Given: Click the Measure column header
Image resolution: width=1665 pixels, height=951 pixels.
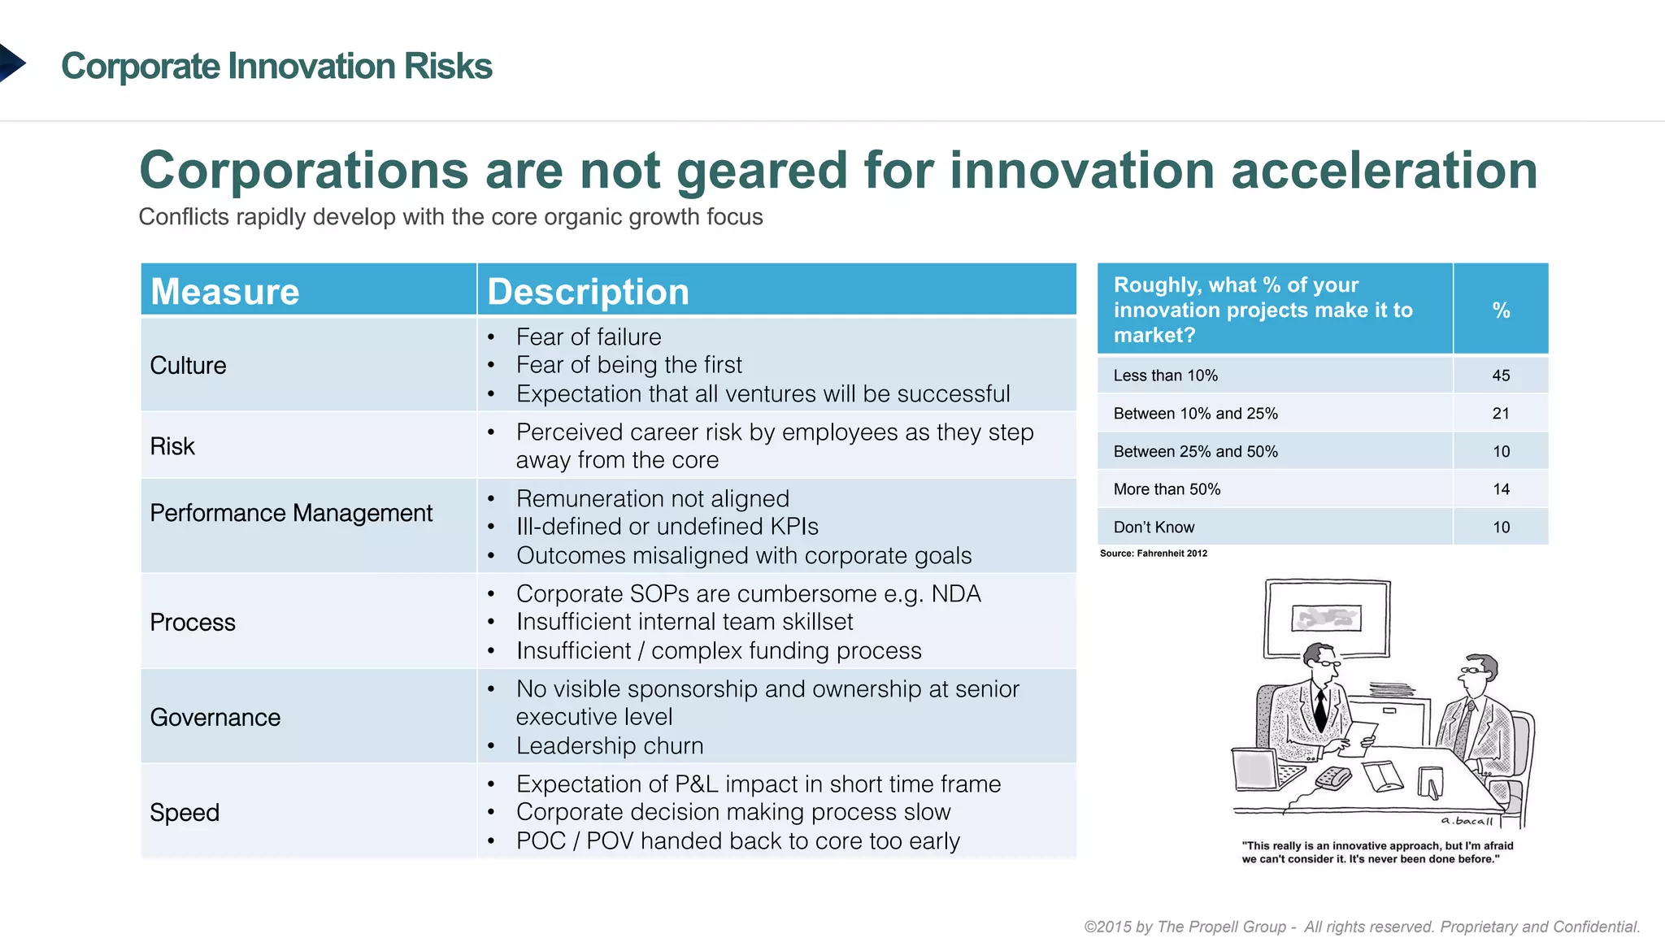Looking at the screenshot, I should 225,291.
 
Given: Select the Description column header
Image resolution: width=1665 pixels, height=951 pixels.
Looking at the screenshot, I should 588,291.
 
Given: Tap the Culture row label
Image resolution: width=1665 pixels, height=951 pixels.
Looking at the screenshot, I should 188,365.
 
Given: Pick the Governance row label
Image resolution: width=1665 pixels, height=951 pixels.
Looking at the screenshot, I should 215,717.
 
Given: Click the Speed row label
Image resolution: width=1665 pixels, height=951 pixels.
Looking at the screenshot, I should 185,812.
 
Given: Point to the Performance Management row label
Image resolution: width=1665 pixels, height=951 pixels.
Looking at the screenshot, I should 291,513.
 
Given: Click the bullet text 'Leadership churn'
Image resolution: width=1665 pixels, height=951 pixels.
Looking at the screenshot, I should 610,745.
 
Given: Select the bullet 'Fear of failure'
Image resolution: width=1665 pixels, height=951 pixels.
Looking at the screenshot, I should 589,337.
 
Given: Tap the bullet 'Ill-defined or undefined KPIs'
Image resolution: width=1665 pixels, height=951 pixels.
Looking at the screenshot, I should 667,527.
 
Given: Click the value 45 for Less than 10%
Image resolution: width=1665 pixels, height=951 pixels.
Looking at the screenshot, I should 1501,376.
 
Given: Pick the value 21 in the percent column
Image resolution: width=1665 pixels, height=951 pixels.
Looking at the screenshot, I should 1501,414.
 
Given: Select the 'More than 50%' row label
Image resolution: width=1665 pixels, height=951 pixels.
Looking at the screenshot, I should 1167,489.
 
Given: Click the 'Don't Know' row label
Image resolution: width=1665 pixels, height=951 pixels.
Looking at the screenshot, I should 1154,528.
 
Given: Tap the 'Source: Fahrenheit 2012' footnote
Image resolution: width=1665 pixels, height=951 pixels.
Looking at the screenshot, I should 1153,554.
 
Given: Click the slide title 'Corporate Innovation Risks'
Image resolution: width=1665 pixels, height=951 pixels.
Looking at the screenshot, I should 276,66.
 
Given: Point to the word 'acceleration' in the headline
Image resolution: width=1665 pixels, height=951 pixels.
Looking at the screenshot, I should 1384,171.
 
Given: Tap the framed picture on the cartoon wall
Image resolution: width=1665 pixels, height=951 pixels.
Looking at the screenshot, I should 1327,618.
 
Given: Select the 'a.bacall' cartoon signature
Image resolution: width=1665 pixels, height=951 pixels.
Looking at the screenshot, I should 1466,821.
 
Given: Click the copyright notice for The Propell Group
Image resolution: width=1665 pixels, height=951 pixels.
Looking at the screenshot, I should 1362,927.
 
